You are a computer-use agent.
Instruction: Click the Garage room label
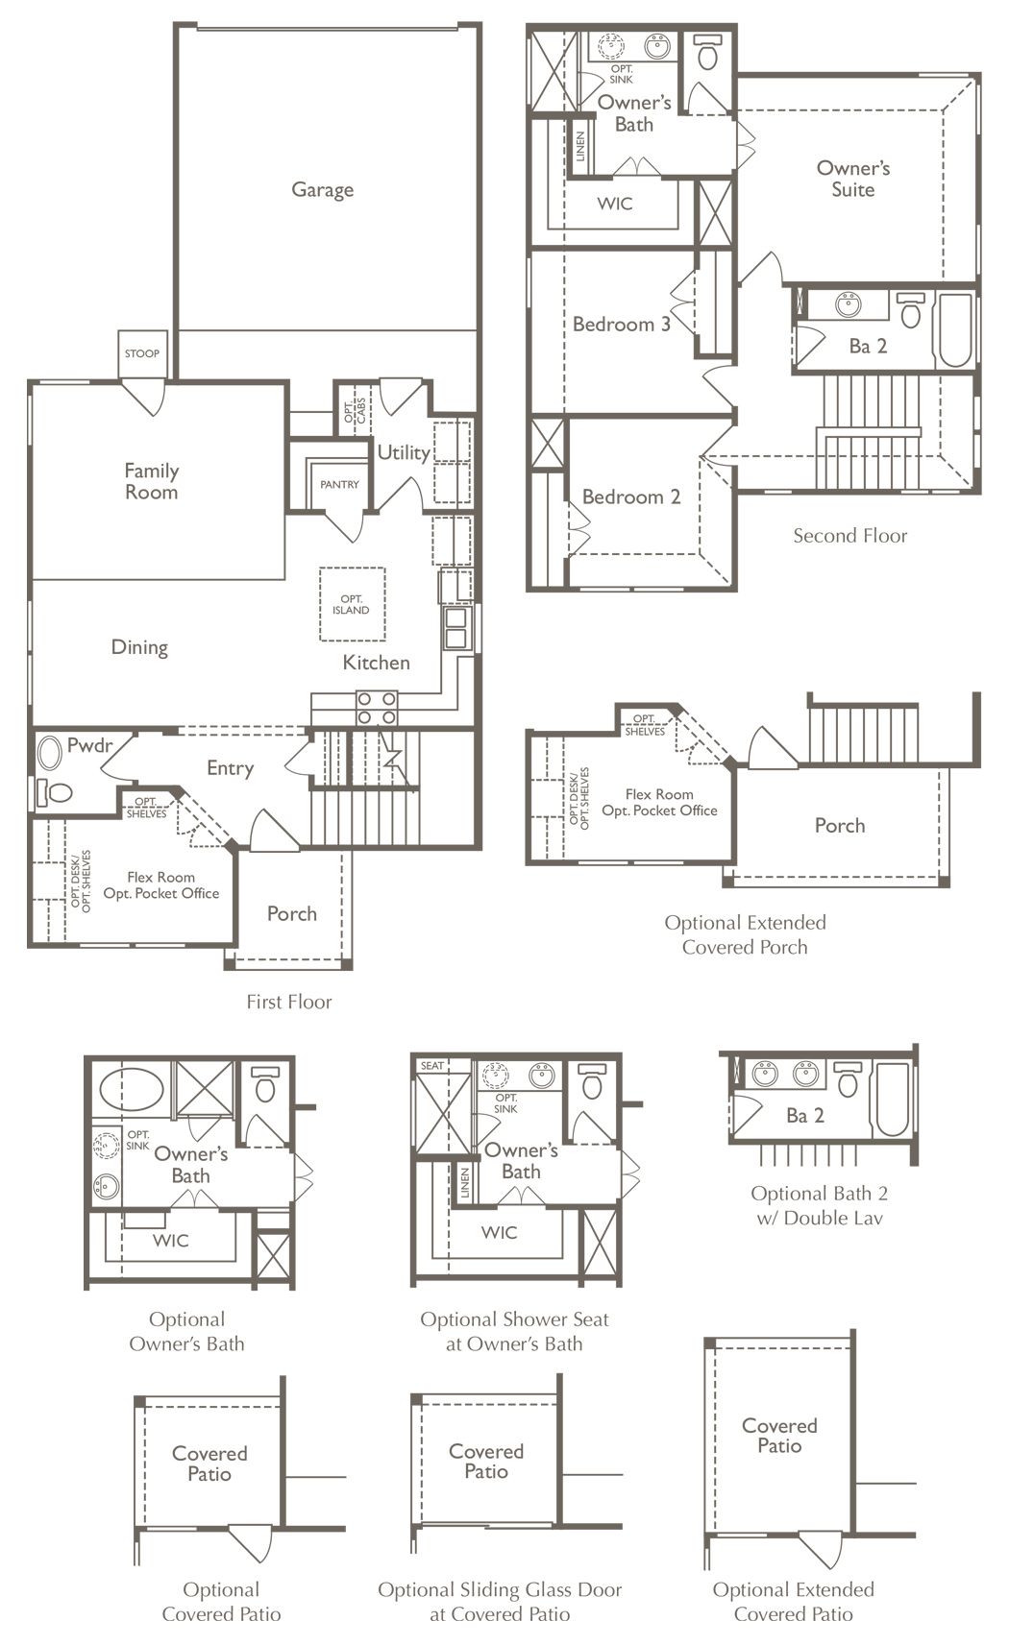coord(323,189)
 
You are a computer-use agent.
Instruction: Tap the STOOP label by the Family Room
coord(142,353)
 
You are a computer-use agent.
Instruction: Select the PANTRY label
coord(339,485)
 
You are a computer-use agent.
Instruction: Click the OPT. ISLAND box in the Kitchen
coord(352,604)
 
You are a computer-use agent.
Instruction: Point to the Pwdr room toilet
coord(55,792)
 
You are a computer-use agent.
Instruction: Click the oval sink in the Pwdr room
coord(49,753)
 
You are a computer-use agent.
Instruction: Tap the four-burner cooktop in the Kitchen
coord(377,708)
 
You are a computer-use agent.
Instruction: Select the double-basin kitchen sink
coord(455,628)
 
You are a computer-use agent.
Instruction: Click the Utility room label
coord(404,452)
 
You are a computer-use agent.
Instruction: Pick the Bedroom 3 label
coord(622,324)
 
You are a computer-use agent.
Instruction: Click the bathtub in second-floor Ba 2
coord(954,330)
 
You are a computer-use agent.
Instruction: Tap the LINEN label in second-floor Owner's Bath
coord(580,146)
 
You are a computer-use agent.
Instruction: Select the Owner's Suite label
coord(853,179)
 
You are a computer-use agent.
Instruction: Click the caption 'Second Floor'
coord(850,535)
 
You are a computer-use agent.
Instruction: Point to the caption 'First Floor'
coord(289,1002)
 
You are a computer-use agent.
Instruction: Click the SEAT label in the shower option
coord(432,1066)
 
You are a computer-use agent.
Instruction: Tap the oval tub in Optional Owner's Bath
coord(132,1090)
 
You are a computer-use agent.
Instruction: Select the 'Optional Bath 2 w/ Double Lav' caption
coord(820,1206)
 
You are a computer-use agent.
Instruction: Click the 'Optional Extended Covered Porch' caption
coord(745,935)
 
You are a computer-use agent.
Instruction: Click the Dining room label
coord(139,647)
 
